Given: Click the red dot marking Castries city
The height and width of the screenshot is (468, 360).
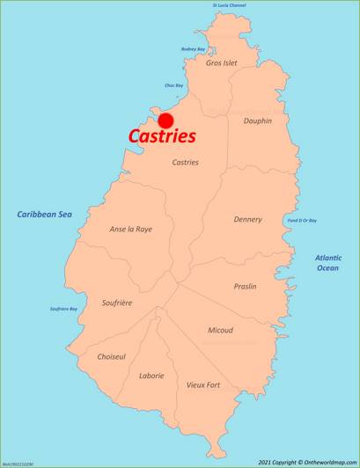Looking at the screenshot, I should (x=165, y=121).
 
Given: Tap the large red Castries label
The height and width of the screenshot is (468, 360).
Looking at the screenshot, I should (x=162, y=137).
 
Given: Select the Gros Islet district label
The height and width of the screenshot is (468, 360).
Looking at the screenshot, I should (x=221, y=63).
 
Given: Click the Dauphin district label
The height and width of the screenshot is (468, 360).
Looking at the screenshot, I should (x=257, y=121).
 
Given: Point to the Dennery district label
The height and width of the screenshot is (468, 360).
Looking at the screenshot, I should (x=247, y=219).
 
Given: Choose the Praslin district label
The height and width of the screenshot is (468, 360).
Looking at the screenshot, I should (x=246, y=287).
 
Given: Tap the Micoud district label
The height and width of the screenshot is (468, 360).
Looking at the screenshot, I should (x=220, y=330).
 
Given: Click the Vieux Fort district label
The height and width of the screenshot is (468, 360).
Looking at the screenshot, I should (x=203, y=385).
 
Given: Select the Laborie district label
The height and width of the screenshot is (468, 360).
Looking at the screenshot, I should (x=151, y=376).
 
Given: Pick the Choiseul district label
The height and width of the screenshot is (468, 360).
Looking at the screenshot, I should (x=111, y=357).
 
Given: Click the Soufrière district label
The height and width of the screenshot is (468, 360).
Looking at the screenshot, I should (x=116, y=303).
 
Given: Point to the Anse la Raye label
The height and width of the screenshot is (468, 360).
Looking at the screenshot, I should (x=130, y=229).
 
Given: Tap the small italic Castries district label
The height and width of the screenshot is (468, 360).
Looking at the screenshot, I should (x=185, y=163).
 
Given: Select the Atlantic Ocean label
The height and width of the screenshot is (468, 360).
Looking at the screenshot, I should (x=327, y=262).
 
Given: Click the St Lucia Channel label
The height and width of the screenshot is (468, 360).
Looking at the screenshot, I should (x=229, y=5).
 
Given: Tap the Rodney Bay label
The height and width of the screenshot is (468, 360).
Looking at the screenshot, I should (x=193, y=49).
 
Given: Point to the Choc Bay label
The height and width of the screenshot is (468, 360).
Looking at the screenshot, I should (x=173, y=85).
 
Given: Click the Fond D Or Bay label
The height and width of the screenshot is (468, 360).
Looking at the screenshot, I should (x=302, y=220).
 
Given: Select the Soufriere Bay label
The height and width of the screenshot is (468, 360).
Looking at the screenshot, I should (x=62, y=309).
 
